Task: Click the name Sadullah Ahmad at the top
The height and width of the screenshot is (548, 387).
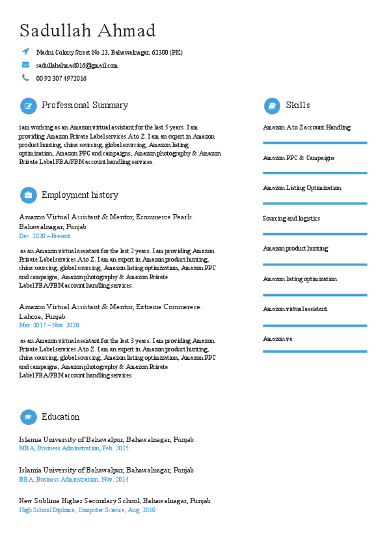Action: point(88,31)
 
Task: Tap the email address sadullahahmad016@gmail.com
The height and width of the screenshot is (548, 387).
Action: point(77,65)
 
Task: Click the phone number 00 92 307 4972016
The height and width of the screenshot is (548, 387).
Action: point(61,78)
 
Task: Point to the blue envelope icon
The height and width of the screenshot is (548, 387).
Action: point(25,64)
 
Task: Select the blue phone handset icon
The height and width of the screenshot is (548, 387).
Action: point(25,78)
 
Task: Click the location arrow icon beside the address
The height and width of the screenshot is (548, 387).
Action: point(25,51)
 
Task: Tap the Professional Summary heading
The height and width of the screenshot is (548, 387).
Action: point(85,105)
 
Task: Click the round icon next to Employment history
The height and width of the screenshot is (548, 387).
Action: point(28,195)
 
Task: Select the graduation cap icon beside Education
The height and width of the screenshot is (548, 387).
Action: point(28,417)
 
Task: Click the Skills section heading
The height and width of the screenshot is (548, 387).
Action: point(298,105)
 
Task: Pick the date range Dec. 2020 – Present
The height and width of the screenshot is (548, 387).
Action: point(45,236)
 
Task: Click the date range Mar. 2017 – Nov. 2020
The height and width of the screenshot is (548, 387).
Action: point(49,325)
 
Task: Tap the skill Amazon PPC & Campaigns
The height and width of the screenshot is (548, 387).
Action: point(299,158)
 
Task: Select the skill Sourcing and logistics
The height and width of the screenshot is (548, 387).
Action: point(291,219)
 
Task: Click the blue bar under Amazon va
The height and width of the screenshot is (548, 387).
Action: point(315,351)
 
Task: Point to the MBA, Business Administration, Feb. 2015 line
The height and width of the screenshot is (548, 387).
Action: point(73,448)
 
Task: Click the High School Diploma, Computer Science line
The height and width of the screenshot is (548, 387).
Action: point(87,510)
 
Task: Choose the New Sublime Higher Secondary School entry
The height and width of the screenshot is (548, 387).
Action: point(114,501)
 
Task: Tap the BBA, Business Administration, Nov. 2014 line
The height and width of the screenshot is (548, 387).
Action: point(73,480)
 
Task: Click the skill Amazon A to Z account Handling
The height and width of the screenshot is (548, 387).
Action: point(306,128)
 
